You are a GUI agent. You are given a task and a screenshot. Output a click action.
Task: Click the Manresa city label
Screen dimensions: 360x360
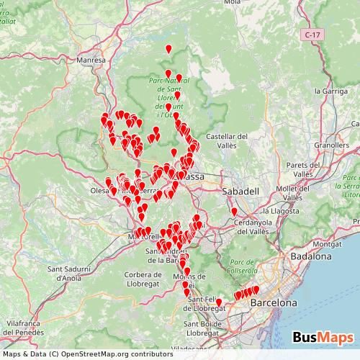point(90,60)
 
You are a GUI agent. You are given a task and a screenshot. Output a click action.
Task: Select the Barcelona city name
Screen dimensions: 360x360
point(273,303)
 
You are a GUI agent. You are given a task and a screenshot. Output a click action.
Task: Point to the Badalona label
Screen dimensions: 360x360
point(311,256)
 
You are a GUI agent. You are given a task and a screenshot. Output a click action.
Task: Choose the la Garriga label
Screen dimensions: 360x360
point(332,91)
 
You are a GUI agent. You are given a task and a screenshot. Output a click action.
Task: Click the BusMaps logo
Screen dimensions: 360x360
point(323,337)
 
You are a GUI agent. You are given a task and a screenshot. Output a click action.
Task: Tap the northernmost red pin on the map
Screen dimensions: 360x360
point(168,48)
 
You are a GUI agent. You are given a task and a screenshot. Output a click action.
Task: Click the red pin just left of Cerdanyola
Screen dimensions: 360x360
point(234,212)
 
